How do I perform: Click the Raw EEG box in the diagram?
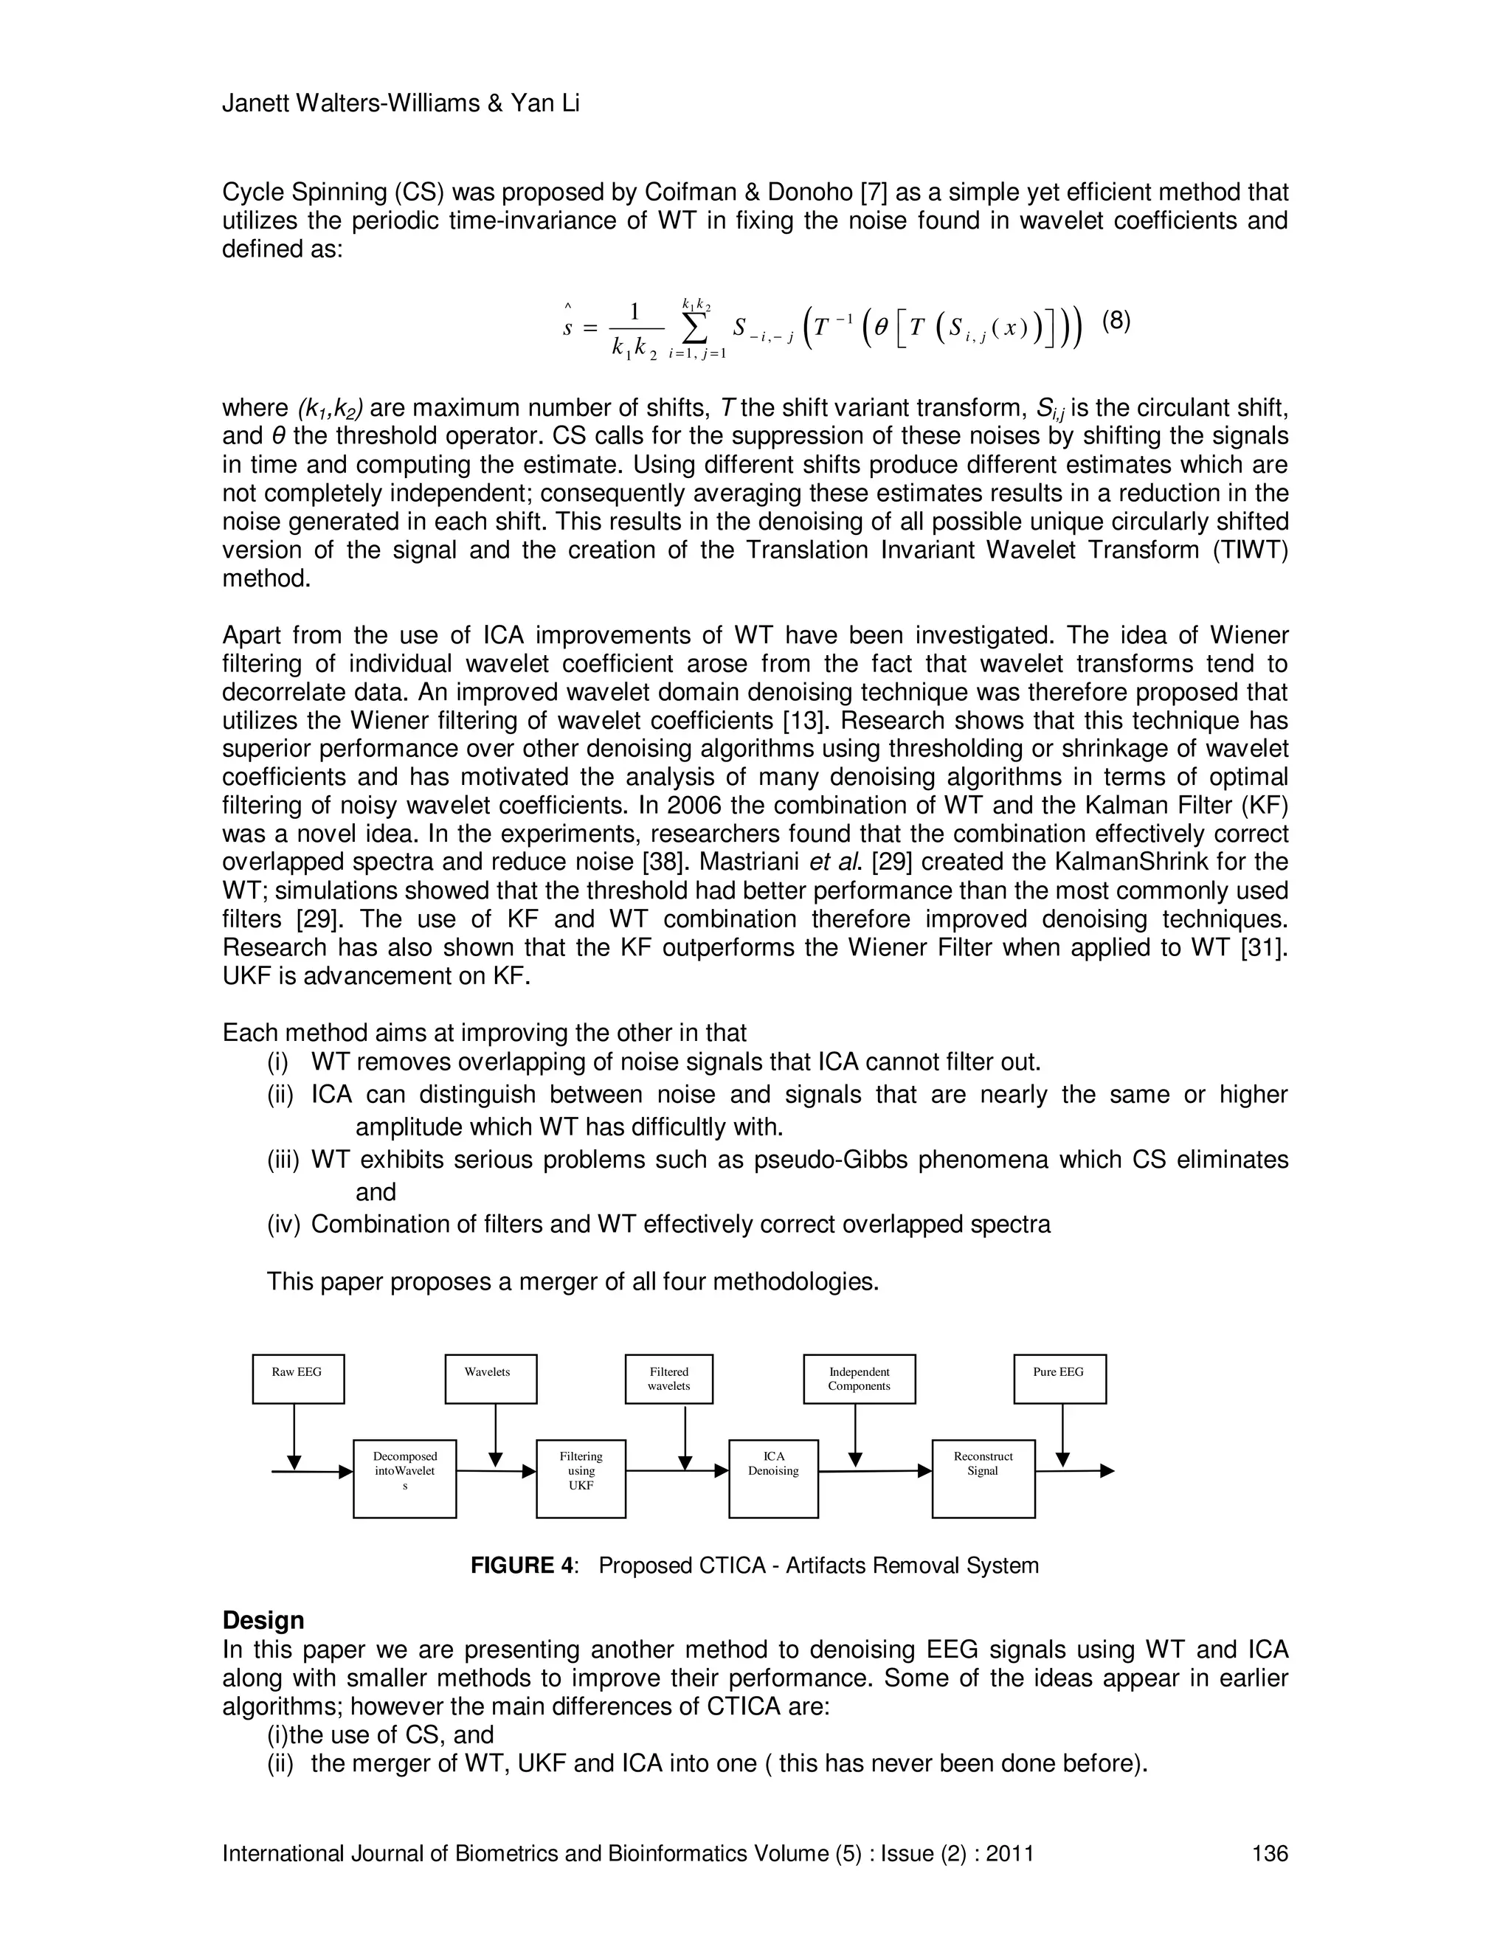pyautogui.click(x=298, y=1379)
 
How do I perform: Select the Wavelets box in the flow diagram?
pyautogui.click(x=491, y=1379)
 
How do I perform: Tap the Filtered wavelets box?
pyautogui.click(x=670, y=1379)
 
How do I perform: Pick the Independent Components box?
pyautogui.click(x=860, y=1379)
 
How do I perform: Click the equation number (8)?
pyautogui.click(x=1116, y=320)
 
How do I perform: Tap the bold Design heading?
pyautogui.click(x=263, y=1620)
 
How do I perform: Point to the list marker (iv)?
pyautogui.click(x=284, y=1225)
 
